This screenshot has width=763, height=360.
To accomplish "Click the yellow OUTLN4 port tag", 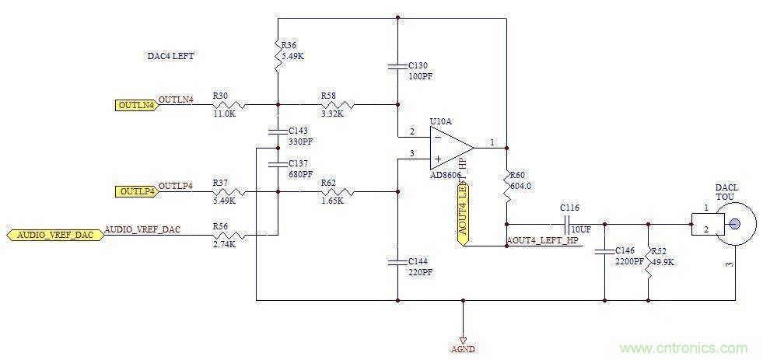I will click(x=136, y=104).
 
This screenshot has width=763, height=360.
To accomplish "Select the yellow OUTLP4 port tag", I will click(x=136, y=191).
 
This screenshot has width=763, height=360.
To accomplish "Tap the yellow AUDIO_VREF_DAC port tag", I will click(x=54, y=235).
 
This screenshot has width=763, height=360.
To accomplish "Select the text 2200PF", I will click(x=628, y=262).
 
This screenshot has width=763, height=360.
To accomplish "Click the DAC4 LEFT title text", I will click(x=171, y=56).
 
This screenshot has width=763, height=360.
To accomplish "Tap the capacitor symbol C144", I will click(x=397, y=264).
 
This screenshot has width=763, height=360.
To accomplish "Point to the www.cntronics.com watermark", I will click(x=684, y=348).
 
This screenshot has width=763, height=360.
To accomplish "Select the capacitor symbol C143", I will click(x=277, y=132).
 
